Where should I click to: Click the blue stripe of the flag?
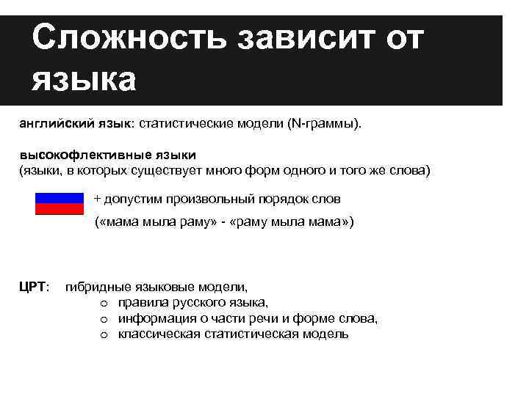coord(60,198)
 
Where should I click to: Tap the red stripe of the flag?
coord(60,209)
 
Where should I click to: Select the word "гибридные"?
coord(93,287)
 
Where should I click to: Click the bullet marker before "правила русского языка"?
coord(105,303)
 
